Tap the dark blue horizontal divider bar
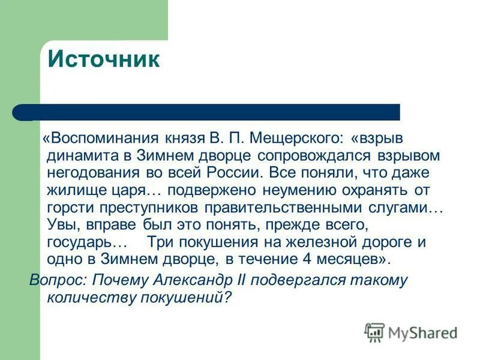coord(207,112)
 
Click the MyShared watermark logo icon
coord(374,332)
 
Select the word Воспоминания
coord(101,139)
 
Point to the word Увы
coord(60,225)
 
